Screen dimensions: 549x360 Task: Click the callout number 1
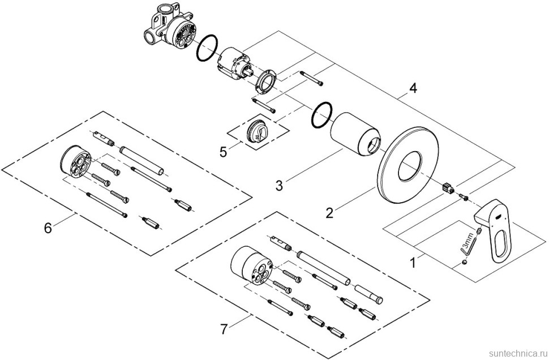click(413, 262)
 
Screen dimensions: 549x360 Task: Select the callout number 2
click(329, 213)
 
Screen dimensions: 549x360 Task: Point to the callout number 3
click(278, 185)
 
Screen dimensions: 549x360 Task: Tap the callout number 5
click(224, 152)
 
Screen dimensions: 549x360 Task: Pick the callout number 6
click(48, 228)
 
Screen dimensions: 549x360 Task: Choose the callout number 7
click(224, 329)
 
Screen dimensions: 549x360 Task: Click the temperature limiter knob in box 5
click(256, 132)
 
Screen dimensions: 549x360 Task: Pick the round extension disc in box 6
click(75, 162)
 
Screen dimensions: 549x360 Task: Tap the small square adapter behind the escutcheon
click(448, 188)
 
